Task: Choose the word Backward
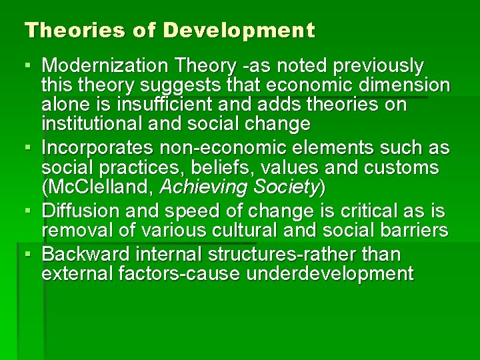(87, 255)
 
